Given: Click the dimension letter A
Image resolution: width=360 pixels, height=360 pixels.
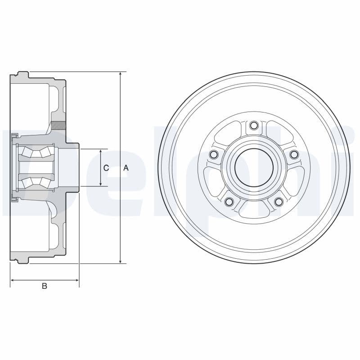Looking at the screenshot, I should point(126,168).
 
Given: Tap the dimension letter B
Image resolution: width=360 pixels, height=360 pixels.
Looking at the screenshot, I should point(44,286).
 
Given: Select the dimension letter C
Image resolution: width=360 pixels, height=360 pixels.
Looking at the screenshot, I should point(106,168).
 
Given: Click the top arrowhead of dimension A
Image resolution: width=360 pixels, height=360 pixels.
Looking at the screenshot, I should point(120,74).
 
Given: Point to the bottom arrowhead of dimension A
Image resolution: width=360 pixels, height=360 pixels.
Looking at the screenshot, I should point(120,261).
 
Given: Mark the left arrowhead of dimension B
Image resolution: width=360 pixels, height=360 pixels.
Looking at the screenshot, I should point(13,280).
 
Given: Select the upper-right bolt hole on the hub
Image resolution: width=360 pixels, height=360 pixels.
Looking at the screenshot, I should point(294,154).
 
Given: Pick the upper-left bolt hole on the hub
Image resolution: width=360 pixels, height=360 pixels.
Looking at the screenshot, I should point(214,154).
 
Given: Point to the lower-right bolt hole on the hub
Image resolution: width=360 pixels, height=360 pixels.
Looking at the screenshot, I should point(279,202).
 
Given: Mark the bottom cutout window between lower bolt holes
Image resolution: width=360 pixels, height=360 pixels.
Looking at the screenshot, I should point(254,207).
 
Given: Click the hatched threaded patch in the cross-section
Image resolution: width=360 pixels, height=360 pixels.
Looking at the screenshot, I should point(58,126).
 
